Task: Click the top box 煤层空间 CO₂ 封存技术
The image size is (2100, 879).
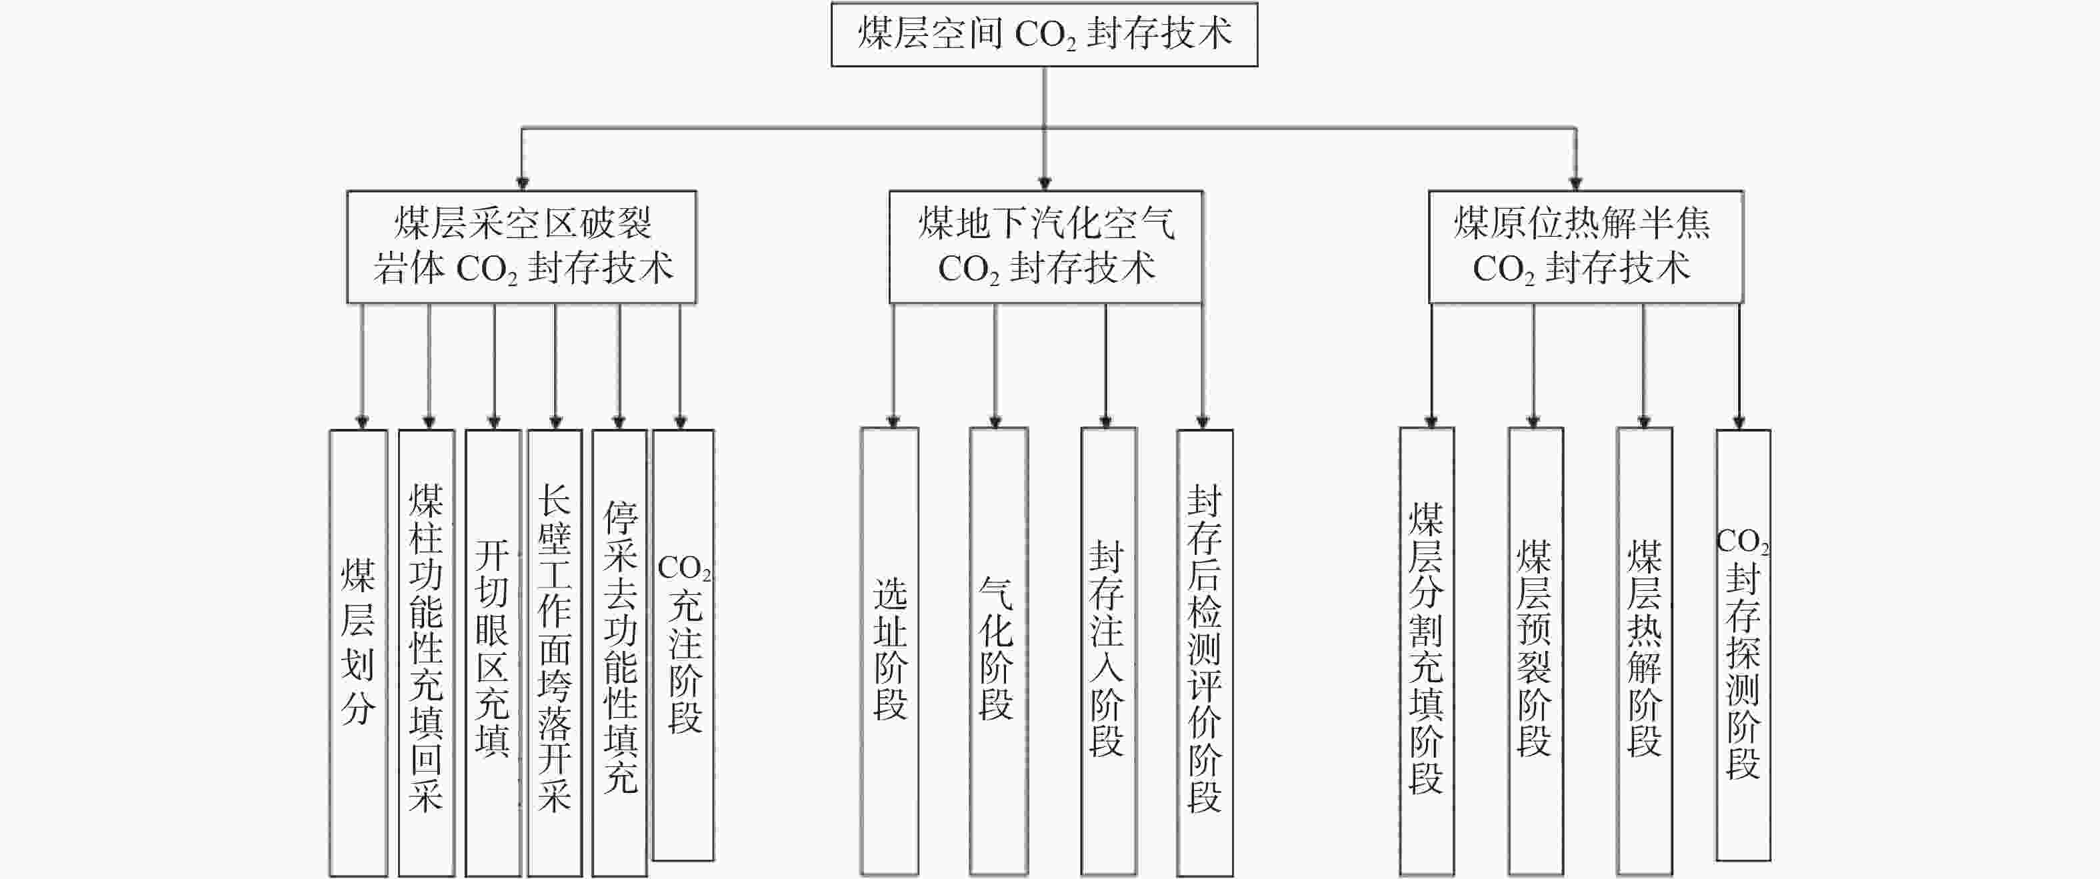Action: [x=1044, y=34]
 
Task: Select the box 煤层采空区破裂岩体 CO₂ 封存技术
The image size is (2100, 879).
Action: [x=522, y=247]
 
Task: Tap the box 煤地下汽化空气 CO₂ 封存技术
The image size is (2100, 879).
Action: [x=1046, y=247]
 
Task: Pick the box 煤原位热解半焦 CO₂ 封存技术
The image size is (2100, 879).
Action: [x=1585, y=247]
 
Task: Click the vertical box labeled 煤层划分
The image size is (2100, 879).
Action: [x=358, y=653]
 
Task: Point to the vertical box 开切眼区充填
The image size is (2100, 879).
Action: [x=493, y=653]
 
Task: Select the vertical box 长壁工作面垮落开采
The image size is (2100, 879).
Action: [x=555, y=653]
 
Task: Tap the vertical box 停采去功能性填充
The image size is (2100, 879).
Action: [x=619, y=653]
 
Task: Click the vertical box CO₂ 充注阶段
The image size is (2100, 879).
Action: [x=683, y=645]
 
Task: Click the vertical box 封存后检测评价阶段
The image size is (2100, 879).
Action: [x=1205, y=653]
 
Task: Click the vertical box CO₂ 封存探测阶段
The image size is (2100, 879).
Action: [x=1743, y=645]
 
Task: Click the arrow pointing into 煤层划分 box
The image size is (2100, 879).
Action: [x=362, y=367]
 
